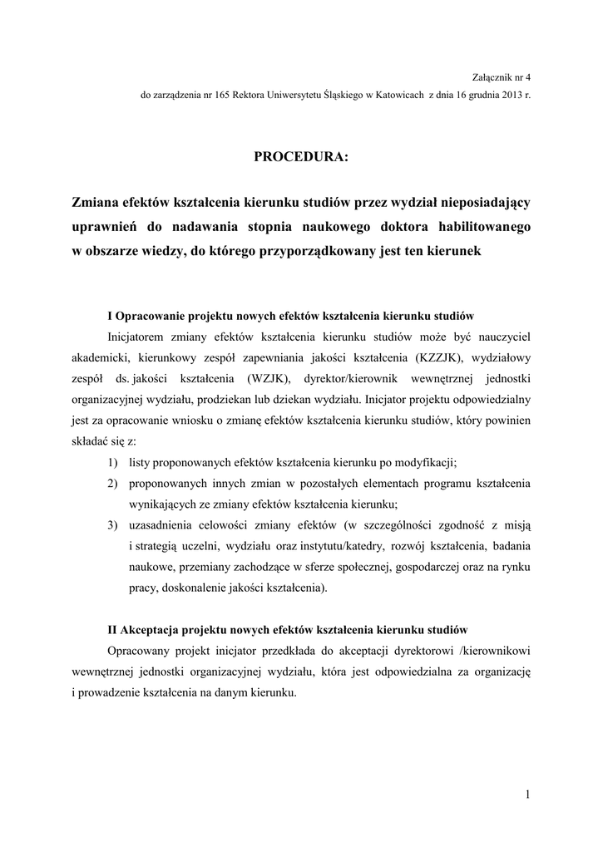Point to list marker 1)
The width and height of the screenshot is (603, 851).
112,462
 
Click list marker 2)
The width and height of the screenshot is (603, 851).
112,483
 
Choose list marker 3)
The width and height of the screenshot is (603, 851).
112,525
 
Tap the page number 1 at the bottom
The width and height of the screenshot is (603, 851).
527,794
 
